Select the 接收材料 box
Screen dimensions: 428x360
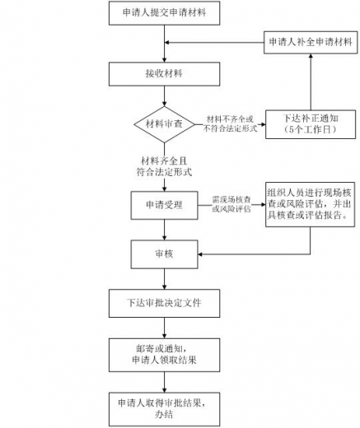pyautogui.click(x=164, y=73)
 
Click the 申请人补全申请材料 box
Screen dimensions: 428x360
pyautogui.click(x=310, y=42)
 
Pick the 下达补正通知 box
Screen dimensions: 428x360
pyautogui.click(x=308, y=124)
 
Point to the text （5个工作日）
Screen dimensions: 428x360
pyautogui.click(x=308, y=131)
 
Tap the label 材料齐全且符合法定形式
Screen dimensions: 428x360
pyautogui.click(x=164, y=165)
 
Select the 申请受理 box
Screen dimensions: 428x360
pyautogui.click(x=164, y=202)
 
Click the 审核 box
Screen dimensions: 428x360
pyautogui.click(x=164, y=252)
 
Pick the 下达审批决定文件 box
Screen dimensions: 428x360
pyautogui.click(x=164, y=303)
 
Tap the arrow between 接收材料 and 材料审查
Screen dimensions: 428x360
pyautogui.click(x=164, y=96)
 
